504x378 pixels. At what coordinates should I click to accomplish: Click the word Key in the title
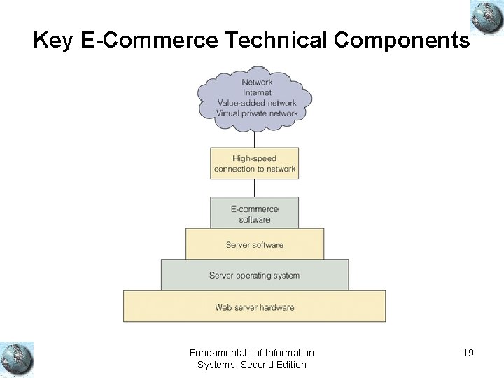[53, 41]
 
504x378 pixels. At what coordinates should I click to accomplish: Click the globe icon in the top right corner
[486, 17]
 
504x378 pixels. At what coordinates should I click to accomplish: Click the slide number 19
[468, 353]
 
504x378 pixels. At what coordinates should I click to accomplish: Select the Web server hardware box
[255, 307]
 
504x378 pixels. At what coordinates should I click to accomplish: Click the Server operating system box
[255, 275]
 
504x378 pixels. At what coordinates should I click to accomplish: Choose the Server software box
[255, 244]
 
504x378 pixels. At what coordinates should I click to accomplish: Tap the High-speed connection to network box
[255, 163]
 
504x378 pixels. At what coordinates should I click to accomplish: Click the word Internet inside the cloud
[257, 92]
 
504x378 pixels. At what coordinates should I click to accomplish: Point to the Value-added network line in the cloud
[257, 103]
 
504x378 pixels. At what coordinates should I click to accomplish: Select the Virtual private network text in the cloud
[257, 113]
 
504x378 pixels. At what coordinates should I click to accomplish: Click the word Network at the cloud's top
[257, 82]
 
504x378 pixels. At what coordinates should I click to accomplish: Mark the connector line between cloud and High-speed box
[255, 139]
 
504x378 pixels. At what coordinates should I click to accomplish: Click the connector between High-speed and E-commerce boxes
[255, 188]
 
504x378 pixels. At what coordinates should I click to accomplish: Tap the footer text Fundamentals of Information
[252, 353]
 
